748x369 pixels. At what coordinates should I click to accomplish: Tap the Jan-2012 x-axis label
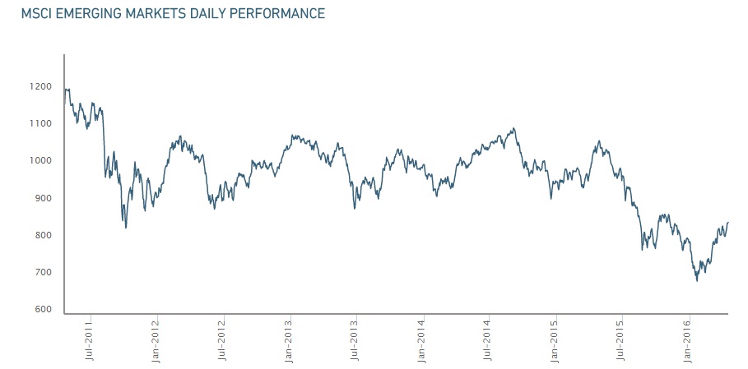coord(156,340)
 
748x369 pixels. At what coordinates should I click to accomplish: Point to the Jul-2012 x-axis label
coord(222,340)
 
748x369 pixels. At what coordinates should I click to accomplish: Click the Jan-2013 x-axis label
coord(290,340)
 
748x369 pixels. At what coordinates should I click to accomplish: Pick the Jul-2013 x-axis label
coord(355,340)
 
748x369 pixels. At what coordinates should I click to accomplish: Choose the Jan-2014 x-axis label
coord(422,340)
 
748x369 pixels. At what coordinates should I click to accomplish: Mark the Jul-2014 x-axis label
coord(488,340)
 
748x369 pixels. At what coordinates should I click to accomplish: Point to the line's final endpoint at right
coord(728,223)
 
